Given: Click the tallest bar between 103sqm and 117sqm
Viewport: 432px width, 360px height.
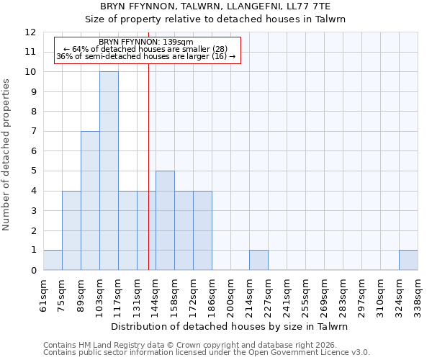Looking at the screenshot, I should pyautogui.click(x=109, y=171).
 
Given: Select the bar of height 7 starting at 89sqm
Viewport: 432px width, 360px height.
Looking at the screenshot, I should pyautogui.click(x=90, y=200).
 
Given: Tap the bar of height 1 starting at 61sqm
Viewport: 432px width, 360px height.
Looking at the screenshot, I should pyautogui.click(x=53, y=260).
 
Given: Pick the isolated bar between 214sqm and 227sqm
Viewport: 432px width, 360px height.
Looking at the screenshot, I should pyautogui.click(x=258, y=260).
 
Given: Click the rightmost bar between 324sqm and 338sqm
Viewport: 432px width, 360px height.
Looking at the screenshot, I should pyautogui.click(x=408, y=260).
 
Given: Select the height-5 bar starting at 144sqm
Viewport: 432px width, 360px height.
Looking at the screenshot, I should pyautogui.click(x=165, y=220).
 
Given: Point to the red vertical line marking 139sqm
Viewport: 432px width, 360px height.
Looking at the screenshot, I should pyautogui.click(x=148, y=166).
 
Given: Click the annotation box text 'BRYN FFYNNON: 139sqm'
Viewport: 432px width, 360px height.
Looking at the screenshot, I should pyautogui.click(x=145, y=42).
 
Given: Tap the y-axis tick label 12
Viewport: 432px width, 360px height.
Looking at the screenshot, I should pyautogui.click(x=30, y=32).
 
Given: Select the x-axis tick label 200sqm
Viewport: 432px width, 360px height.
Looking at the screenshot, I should pyautogui.click(x=230, y=295).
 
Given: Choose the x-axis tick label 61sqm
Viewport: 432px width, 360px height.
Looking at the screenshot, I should pyautogui.click(x=43, y=295).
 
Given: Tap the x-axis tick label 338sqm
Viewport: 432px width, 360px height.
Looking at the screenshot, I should pyautogui.click(x=418, y=295).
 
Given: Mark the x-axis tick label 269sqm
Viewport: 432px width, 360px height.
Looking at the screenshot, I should pyautogui.click(x=324, y=295).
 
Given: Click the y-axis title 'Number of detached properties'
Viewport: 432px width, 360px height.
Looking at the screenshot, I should pyautogui.click(x=8, y=155).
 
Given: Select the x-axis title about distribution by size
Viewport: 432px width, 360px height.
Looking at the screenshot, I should pyautogui.click(x=230, y=326).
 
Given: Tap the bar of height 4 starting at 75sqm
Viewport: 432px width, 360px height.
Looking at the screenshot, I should pyautogui.click(x=71, y=230).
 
